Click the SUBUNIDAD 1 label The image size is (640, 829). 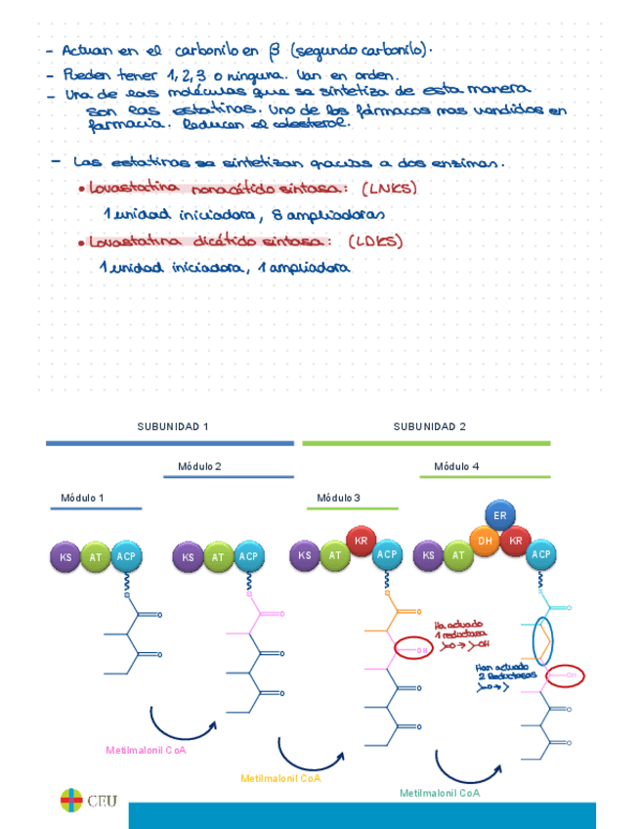pos(172,426)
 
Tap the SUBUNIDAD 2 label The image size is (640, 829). pos(429,426)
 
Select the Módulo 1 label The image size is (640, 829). pos(82,498)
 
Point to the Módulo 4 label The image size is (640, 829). pos(456,466)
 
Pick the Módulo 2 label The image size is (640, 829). pos(199,466)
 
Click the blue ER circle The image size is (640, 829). pos(499,515)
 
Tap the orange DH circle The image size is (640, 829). pos(485,540)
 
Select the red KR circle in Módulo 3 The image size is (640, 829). pos(361,541)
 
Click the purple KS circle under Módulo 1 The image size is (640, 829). pos(65,556)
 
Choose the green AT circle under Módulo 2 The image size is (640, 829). pos(218,557)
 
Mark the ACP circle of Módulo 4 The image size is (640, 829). pos(540,555)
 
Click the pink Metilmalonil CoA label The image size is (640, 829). pos(146,750)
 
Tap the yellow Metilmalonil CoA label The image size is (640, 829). pos(280,778)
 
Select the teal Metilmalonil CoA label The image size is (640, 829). pos(440,793)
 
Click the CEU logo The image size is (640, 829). pos(88,801)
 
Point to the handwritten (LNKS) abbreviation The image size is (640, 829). pos(388,189)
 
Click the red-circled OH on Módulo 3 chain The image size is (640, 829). pos(410,649)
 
